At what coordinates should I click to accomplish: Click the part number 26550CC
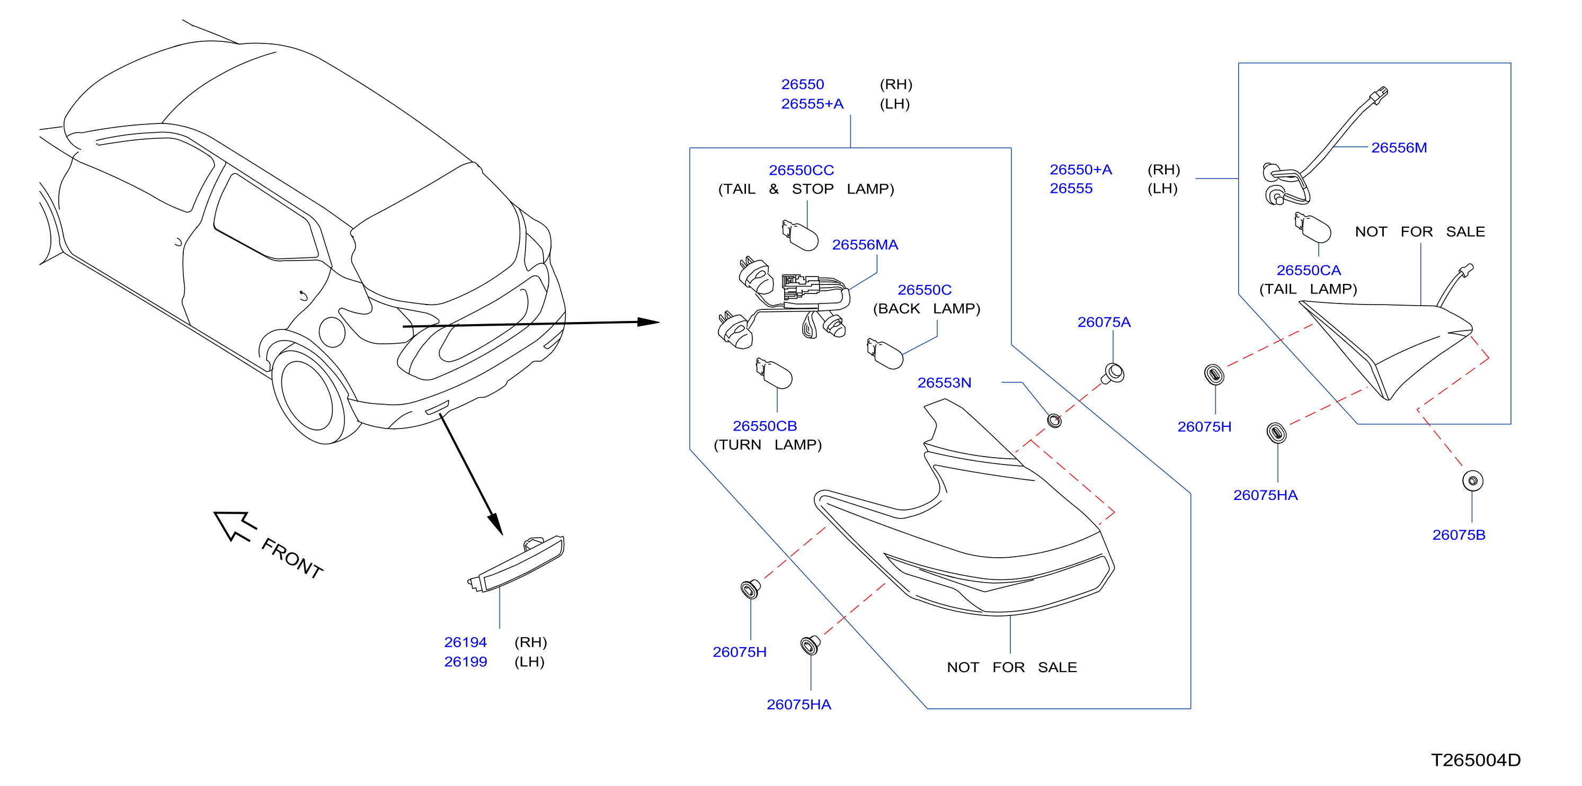[x=801, y=170]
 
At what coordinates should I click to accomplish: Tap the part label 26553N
[x=944, y=382]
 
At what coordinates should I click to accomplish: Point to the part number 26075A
[x=1104, y=322]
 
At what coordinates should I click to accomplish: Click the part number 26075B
[x=1459, y=535]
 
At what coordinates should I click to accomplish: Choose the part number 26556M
[x=1399, y=147]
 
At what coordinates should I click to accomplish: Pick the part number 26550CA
[x=1308, y=270]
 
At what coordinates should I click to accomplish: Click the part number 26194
[x=466, y=642]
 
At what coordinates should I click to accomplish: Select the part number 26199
[x=466, y=662]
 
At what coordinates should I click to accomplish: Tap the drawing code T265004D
[x=1476, y=760]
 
